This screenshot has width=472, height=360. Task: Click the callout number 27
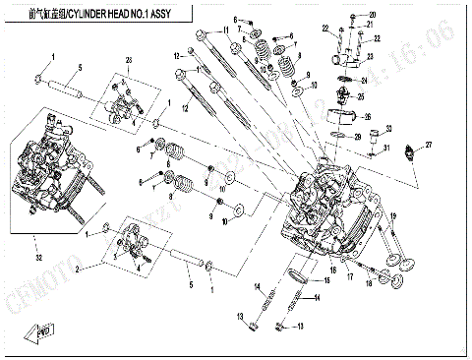429,144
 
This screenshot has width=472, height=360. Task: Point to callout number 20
373,15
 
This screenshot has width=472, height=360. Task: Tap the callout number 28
127,62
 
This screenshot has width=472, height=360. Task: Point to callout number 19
393,216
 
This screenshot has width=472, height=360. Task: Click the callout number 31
386,149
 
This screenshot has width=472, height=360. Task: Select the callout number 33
389,128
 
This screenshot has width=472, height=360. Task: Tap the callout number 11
225,31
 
